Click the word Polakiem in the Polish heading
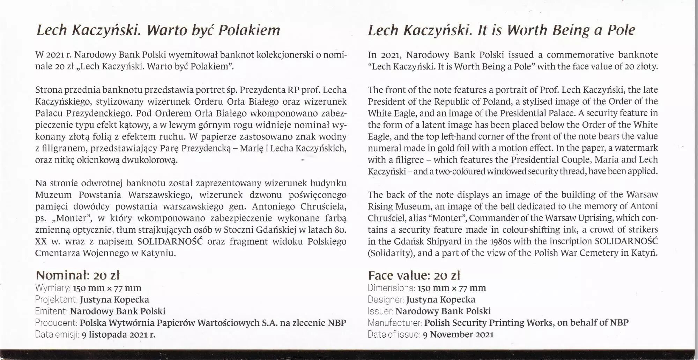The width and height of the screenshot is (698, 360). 249,30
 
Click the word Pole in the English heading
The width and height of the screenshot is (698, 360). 621,30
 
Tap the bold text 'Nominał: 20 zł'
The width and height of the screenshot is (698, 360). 78,276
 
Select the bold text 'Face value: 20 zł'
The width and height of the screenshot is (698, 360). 414,276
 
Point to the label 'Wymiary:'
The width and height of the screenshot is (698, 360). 53,288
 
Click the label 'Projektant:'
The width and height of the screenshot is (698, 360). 56,300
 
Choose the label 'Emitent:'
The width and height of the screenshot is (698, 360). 51,311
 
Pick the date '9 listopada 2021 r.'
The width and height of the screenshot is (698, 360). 118,335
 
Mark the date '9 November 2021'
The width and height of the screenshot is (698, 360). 458,335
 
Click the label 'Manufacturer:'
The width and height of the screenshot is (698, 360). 395,323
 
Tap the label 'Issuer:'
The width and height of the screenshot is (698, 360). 380,311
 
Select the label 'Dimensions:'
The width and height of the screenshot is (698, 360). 391,288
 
